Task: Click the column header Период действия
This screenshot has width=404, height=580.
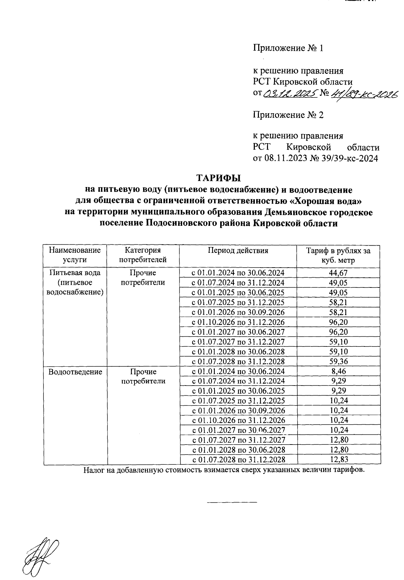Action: [x=238, y=250]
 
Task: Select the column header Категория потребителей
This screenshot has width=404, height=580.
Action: [x=143, y=255]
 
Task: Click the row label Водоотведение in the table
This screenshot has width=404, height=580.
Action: [x=75, y=372]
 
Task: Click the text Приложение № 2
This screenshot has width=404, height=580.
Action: [x=288, y=115]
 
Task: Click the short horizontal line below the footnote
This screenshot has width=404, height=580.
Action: [x=232, y=502]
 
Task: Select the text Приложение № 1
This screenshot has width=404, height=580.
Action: [x=288, y=48]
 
